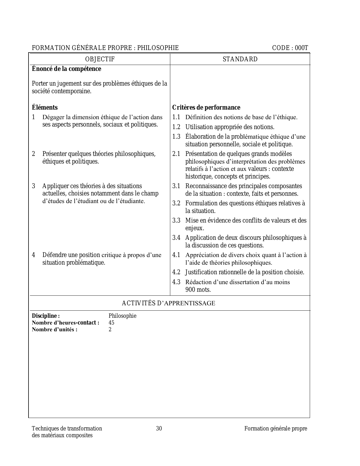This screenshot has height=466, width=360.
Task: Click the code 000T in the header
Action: [301, 48]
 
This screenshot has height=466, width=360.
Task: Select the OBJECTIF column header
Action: [100, 59]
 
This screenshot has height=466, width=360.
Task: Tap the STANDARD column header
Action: [240, 59]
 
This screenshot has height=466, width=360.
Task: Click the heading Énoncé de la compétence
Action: [66, 69]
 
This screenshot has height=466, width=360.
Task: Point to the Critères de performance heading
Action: [206, 108]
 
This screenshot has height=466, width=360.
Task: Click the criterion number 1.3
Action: [176, 137]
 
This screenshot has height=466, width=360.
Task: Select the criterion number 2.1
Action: [176, 154]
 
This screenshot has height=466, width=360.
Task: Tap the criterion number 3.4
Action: [176, 238]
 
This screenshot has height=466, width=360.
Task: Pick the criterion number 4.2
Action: [176, 272]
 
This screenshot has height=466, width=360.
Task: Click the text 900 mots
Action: [198, 289]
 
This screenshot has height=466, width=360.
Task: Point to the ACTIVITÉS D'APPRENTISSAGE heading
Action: [168, 303]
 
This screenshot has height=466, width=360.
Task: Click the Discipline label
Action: [46, 316]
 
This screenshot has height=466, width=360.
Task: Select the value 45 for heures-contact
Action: [111, 323]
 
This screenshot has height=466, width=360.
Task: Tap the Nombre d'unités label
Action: [54, 330]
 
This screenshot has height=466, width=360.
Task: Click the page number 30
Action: [159, 428]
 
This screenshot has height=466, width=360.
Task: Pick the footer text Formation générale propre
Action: [276, 428]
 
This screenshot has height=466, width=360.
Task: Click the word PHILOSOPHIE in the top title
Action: [158, 48]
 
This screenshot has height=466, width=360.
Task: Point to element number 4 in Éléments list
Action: [34, 255]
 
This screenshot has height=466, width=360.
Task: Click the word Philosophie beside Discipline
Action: [122, 316]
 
